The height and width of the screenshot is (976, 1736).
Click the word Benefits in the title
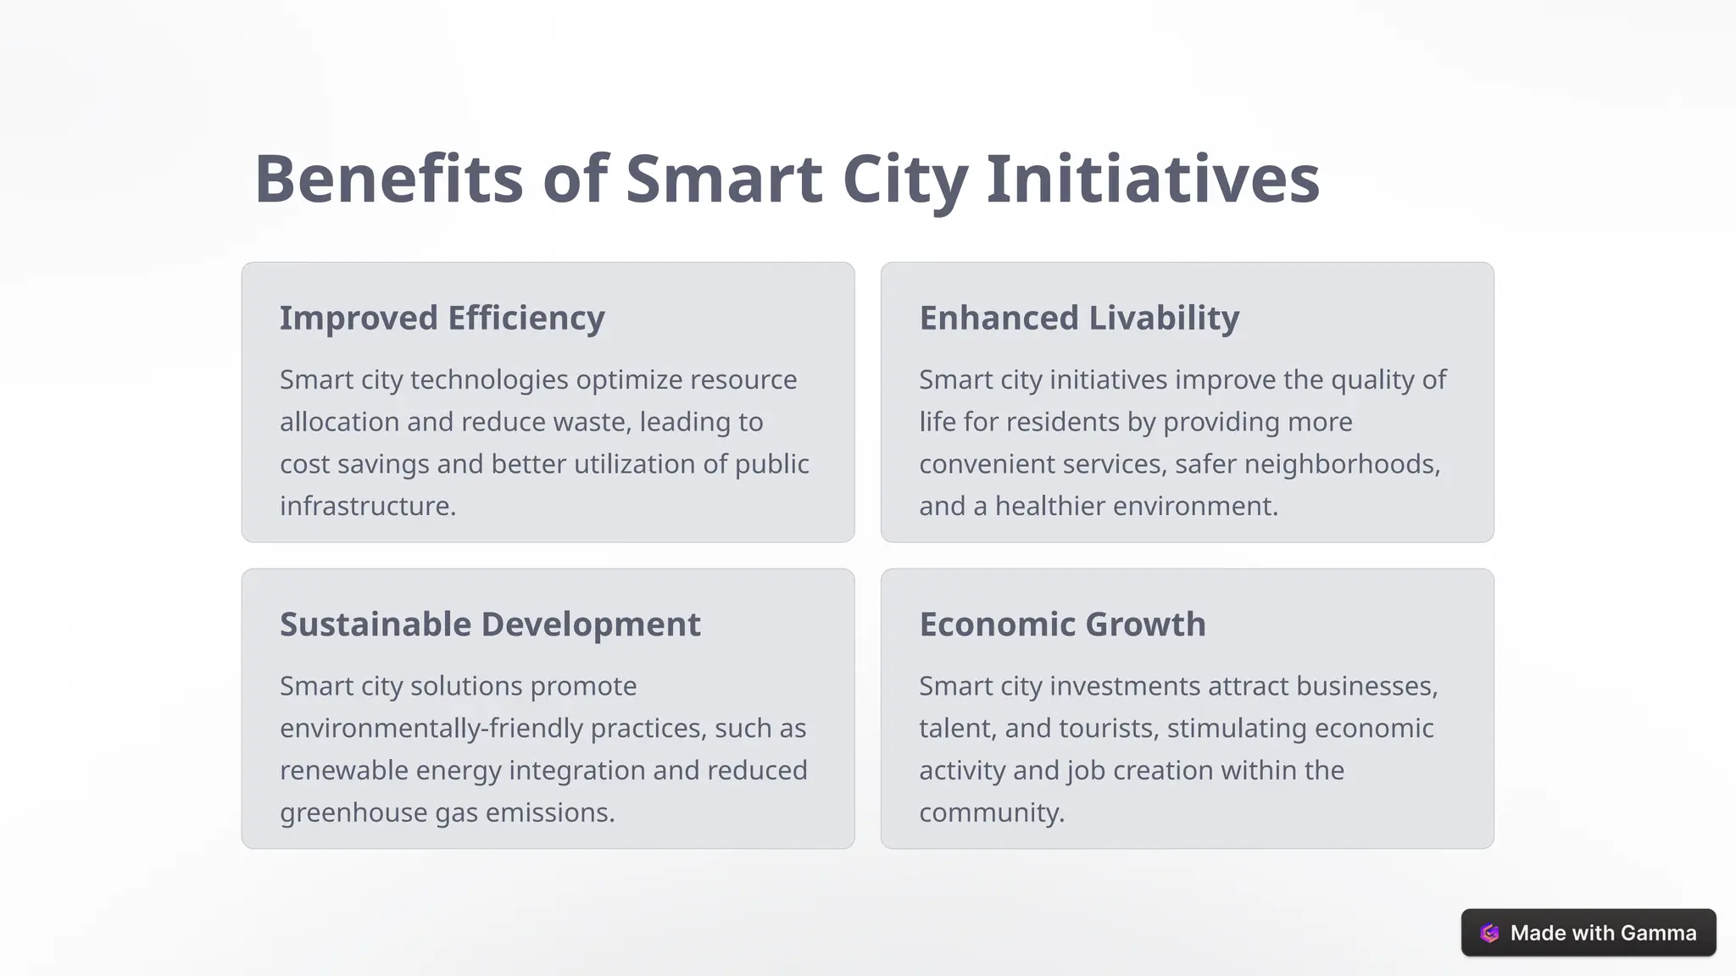[x=388, y=179]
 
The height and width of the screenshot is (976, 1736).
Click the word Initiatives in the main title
[x=1153, y=179]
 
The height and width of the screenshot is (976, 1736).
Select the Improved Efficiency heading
[x=442, y=319]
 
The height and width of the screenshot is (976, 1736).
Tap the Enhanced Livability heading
[x=1079, y=319]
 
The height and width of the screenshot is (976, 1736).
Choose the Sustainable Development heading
[x=490, y=624]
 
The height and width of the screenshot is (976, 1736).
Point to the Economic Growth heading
[x=1062, y=624]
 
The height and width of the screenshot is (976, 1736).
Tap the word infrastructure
[x=367, y=506]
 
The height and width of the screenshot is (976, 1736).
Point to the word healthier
[x=1049, y=506]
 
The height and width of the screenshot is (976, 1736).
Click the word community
[x=991, y=812]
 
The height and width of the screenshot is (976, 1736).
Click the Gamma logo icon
[x=1489, y=933]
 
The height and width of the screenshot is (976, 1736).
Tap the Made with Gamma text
[x=1603, y=933]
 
